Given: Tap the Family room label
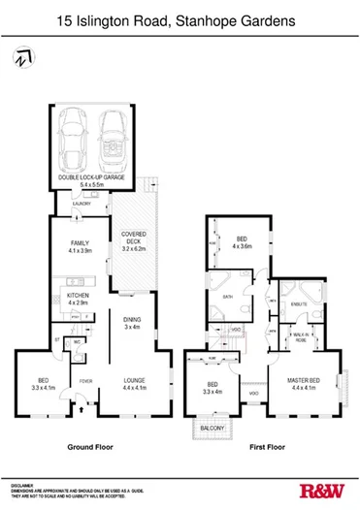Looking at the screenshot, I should [x=80, y=247].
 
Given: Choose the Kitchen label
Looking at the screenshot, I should [x=79, y=298].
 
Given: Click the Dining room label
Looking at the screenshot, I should [x=132, y=324].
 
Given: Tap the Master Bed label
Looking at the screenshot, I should [x=308, y=385].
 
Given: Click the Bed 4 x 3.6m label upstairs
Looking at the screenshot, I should [x=243, y=241].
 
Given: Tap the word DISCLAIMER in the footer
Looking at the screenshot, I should [x=23, y=485].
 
